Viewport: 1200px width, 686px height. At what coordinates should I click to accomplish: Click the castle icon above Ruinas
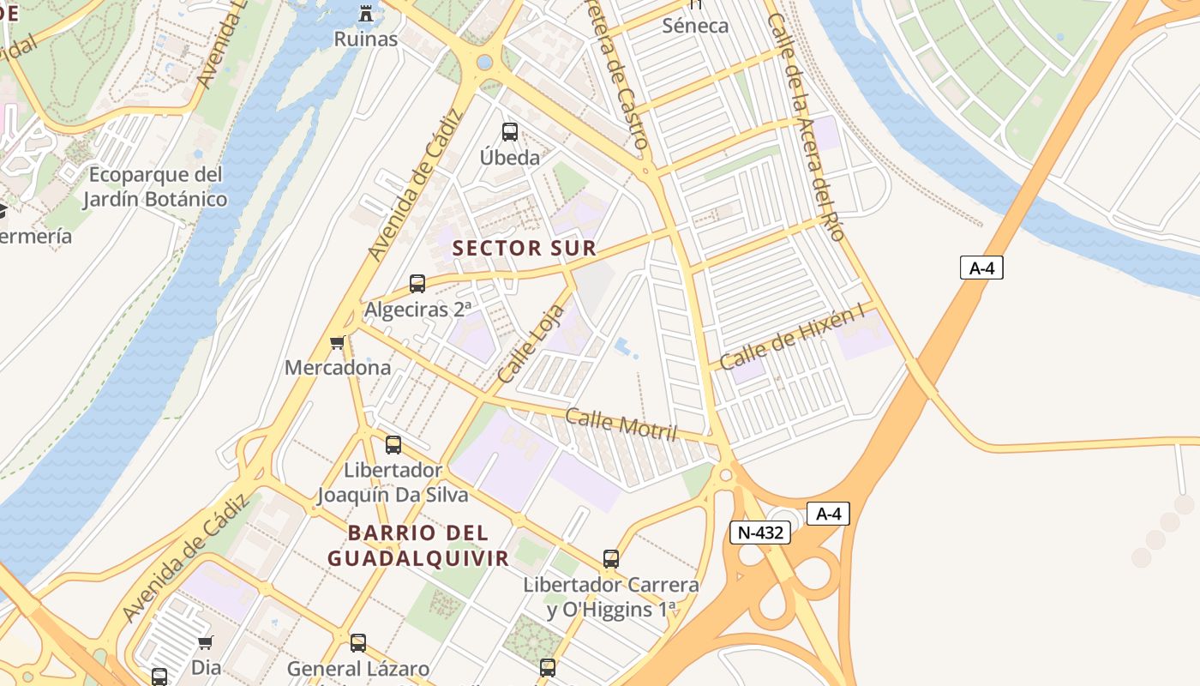[x=366, y=13]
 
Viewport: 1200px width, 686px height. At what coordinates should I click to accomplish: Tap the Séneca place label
[x=695, y=26]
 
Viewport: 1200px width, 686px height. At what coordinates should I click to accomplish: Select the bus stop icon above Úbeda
[x=510, y=132]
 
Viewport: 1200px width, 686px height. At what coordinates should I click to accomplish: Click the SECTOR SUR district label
[x=524, y=249]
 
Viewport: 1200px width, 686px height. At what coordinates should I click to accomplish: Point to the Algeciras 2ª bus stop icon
[x=417, y=284]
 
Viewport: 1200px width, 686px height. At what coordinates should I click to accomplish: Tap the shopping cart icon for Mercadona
[x=338, y=343]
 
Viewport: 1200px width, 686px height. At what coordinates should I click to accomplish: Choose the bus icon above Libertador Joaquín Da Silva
[x=393, y=445]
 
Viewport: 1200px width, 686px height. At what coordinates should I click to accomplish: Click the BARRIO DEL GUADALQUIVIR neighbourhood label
[x=418, y=545]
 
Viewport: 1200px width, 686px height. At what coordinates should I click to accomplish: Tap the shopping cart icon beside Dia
[x=206, y=642]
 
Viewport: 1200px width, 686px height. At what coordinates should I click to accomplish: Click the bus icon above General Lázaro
[x=358, y=643]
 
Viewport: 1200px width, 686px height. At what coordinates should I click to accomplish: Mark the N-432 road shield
[x=759, y=533]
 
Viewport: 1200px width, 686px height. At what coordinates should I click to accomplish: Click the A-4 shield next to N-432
[x=828, y=514]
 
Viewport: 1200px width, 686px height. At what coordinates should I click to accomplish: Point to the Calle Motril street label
[x=621, y=424]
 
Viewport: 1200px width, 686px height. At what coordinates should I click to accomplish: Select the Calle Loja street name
[x=531, y=344]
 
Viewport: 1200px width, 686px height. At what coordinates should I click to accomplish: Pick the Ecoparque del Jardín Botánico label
[x=155, y=187]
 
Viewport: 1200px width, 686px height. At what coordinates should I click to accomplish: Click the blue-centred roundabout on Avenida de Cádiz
[x=485, y=63]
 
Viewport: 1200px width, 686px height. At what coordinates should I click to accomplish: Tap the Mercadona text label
[x=338, y=368]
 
